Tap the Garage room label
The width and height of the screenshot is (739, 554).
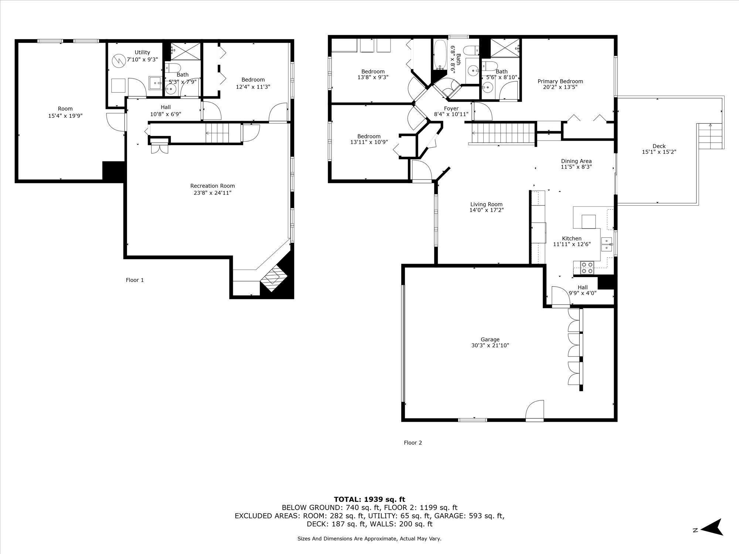(490, 339)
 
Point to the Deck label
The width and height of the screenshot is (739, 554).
(659, 146)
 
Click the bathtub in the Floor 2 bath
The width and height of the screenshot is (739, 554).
(440, 55)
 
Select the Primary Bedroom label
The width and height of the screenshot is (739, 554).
(560, 81)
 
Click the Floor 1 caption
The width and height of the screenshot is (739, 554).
(134, 280)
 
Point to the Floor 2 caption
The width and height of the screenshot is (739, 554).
(413, 442)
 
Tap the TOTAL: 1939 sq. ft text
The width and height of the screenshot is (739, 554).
(369, 499)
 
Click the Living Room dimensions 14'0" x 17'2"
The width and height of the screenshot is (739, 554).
(486, 210)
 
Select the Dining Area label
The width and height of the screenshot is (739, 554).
(576, 161)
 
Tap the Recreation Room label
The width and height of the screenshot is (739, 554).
(212, 186)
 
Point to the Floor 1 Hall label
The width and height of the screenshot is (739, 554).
(166, 107)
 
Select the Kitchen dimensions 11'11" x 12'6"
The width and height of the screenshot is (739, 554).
(572, 244)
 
